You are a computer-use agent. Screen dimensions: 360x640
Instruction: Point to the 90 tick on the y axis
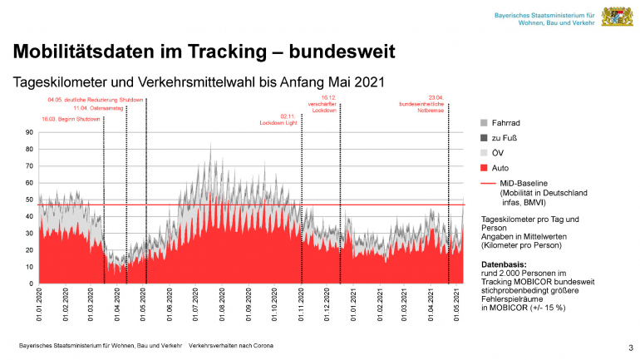click(x=29, y=133)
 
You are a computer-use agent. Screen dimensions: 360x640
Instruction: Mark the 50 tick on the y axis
click(x=29, y=200)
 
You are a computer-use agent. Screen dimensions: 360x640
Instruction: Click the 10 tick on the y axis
click(x=29, y=268)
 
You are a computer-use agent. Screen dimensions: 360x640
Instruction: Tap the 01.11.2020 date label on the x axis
click(x=301, y=306)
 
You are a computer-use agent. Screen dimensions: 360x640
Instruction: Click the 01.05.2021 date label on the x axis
click(x=458, y=306)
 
